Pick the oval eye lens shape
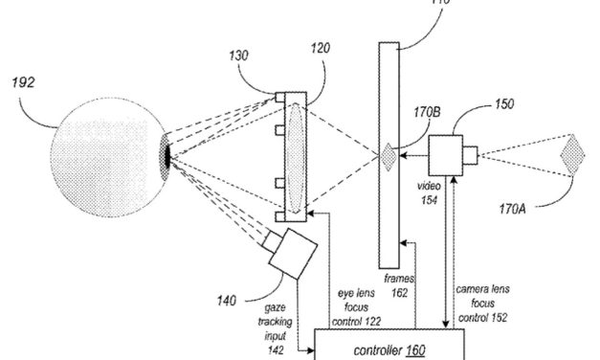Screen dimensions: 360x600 click(294, 154)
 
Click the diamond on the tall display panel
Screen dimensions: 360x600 click(389, 155)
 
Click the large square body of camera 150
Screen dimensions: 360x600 click(447, 155)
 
